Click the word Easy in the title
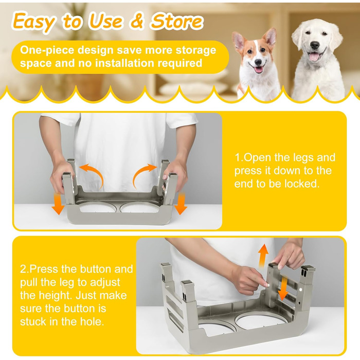coord(34,22)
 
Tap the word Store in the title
coord(177,21)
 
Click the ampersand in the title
coord(137,22)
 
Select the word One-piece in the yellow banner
coord(47,50)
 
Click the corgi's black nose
coord(258,62)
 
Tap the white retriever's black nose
coord(315,45)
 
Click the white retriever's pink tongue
coord(313,56)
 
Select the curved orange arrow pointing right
coord(143,173)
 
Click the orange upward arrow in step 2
coord(263,255)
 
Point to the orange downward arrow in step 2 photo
coord(283,288)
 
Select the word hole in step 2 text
coord(92,321)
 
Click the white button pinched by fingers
coord(267,285)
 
